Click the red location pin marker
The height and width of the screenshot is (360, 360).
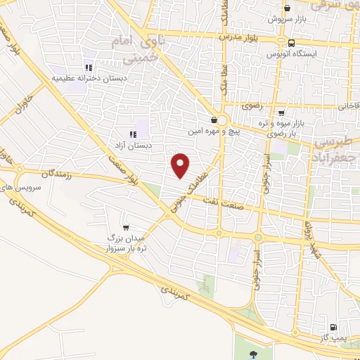pos(181,165)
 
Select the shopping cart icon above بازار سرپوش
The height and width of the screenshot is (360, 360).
pos(287,8)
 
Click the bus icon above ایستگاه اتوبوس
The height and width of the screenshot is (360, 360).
pos(271,41)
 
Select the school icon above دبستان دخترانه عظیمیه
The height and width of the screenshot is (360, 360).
pos(89,67)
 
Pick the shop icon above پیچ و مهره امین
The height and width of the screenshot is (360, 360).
pos(214,119)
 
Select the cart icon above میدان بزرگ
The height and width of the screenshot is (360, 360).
pos(125,227)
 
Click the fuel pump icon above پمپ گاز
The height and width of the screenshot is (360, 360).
pos(333,327)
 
